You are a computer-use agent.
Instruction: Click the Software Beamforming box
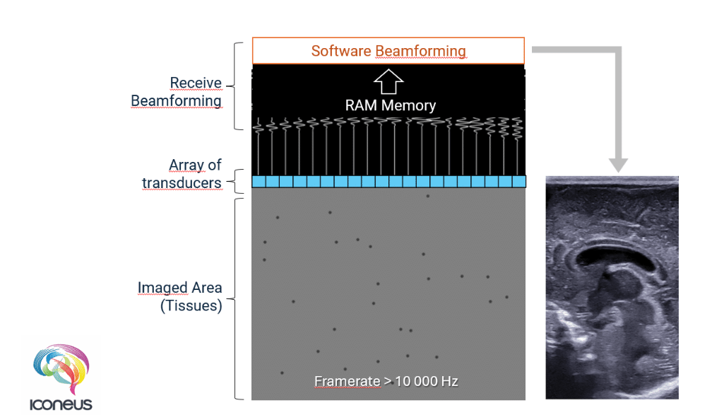point(388,51)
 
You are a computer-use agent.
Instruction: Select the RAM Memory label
point(390,105)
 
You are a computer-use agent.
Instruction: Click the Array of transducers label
point(182,174)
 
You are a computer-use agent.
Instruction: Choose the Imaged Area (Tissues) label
point(179,297)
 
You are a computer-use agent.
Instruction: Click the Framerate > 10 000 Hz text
point(386,382)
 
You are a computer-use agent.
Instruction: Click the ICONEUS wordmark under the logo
point(61,405)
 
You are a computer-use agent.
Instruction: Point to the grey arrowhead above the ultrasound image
point(618,164)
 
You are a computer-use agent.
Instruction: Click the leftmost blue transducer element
point(259,182)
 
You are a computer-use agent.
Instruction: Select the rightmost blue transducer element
point(519,182)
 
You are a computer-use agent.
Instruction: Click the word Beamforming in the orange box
point(420,51)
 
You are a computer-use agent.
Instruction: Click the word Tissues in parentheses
point(179,306)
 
